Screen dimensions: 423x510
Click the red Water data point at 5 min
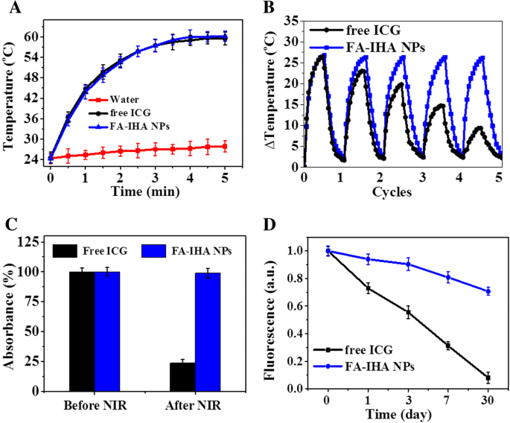coord(226,146)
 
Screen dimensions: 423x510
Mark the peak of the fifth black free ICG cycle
coord(479,127)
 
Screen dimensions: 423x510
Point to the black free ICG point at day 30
coord(488,378)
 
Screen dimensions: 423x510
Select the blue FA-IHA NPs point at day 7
coord(447,278)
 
